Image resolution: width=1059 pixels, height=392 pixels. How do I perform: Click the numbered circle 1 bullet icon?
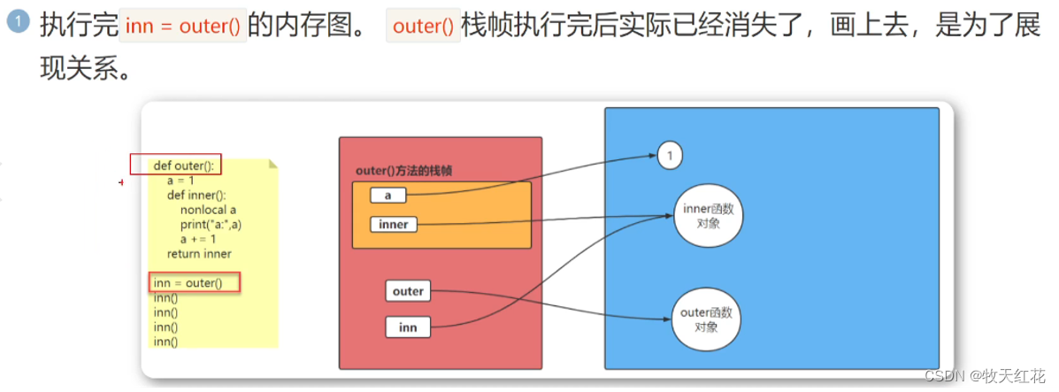(x=17, y=24)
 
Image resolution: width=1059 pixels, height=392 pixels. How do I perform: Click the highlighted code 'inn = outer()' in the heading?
(x=183, y=26)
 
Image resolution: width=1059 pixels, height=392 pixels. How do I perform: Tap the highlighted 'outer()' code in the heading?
(x=423, y=26)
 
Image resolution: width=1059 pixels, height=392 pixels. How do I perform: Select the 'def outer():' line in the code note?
(x=184, y=165)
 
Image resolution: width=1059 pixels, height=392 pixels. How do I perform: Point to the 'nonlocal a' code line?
(x=207, y=210)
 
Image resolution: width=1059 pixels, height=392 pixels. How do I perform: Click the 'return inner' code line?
(x=199, y=254)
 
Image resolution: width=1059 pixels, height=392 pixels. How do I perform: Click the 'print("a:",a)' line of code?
(x=211, y=225)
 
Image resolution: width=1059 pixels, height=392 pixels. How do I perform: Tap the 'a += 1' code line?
(x=197, y=239)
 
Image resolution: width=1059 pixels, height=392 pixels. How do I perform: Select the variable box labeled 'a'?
(x=388, y=195)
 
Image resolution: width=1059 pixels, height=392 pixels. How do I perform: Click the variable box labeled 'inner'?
(x=393, y=225)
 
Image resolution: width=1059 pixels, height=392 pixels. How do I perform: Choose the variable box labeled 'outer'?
(x=408, y=290)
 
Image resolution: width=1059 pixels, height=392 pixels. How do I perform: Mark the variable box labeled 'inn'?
(x=408, y=327)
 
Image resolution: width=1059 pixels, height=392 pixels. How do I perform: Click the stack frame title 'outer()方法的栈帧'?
(x=403, y=171)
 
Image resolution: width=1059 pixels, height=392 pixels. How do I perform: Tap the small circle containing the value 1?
(x=671, y=156)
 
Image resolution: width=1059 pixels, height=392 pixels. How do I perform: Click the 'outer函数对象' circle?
(x=706, y=319)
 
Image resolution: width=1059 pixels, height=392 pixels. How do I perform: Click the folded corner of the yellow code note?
(x=273, y=164)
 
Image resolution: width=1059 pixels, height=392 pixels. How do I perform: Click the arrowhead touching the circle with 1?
(x=653, y=157)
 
